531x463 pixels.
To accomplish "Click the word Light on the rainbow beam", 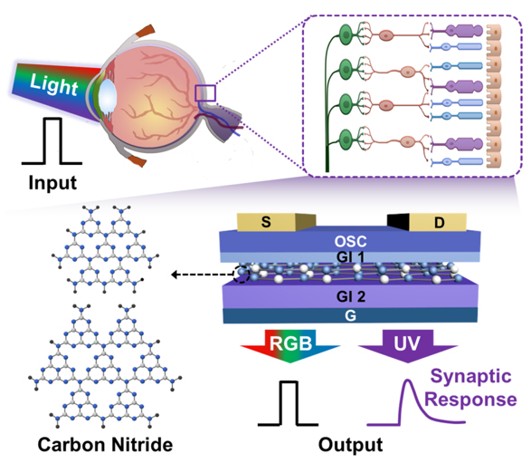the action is [54, 84].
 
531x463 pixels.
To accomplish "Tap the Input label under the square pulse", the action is [52, 183].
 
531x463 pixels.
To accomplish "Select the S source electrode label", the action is [266, 222].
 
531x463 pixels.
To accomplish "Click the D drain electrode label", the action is [440, 223].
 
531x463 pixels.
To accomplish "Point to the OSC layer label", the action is [350, 242].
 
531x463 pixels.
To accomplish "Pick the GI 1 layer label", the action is [350, 257].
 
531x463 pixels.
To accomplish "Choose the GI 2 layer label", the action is [351, 297].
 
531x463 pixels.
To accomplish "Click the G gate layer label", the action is [350, 316].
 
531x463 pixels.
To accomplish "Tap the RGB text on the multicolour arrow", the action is [290, 342].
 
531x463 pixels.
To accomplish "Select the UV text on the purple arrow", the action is [407, 343].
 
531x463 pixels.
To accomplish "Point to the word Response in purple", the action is [470, 400].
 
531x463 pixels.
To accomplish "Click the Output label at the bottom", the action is [350, 444].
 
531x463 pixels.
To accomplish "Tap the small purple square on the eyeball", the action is [205, 93].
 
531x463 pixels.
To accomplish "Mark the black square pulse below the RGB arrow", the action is [289, 403].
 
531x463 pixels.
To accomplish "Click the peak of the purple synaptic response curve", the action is [408, 381].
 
